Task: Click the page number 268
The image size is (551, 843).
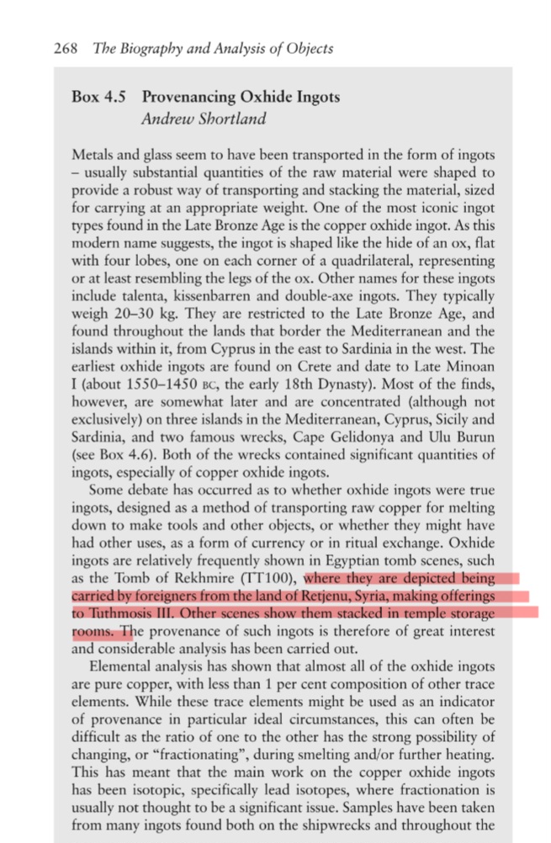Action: (x=65, y=48)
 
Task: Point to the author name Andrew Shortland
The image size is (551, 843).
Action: (x=204, y=119)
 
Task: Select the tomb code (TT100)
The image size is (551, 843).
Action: (x=272, y=578)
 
